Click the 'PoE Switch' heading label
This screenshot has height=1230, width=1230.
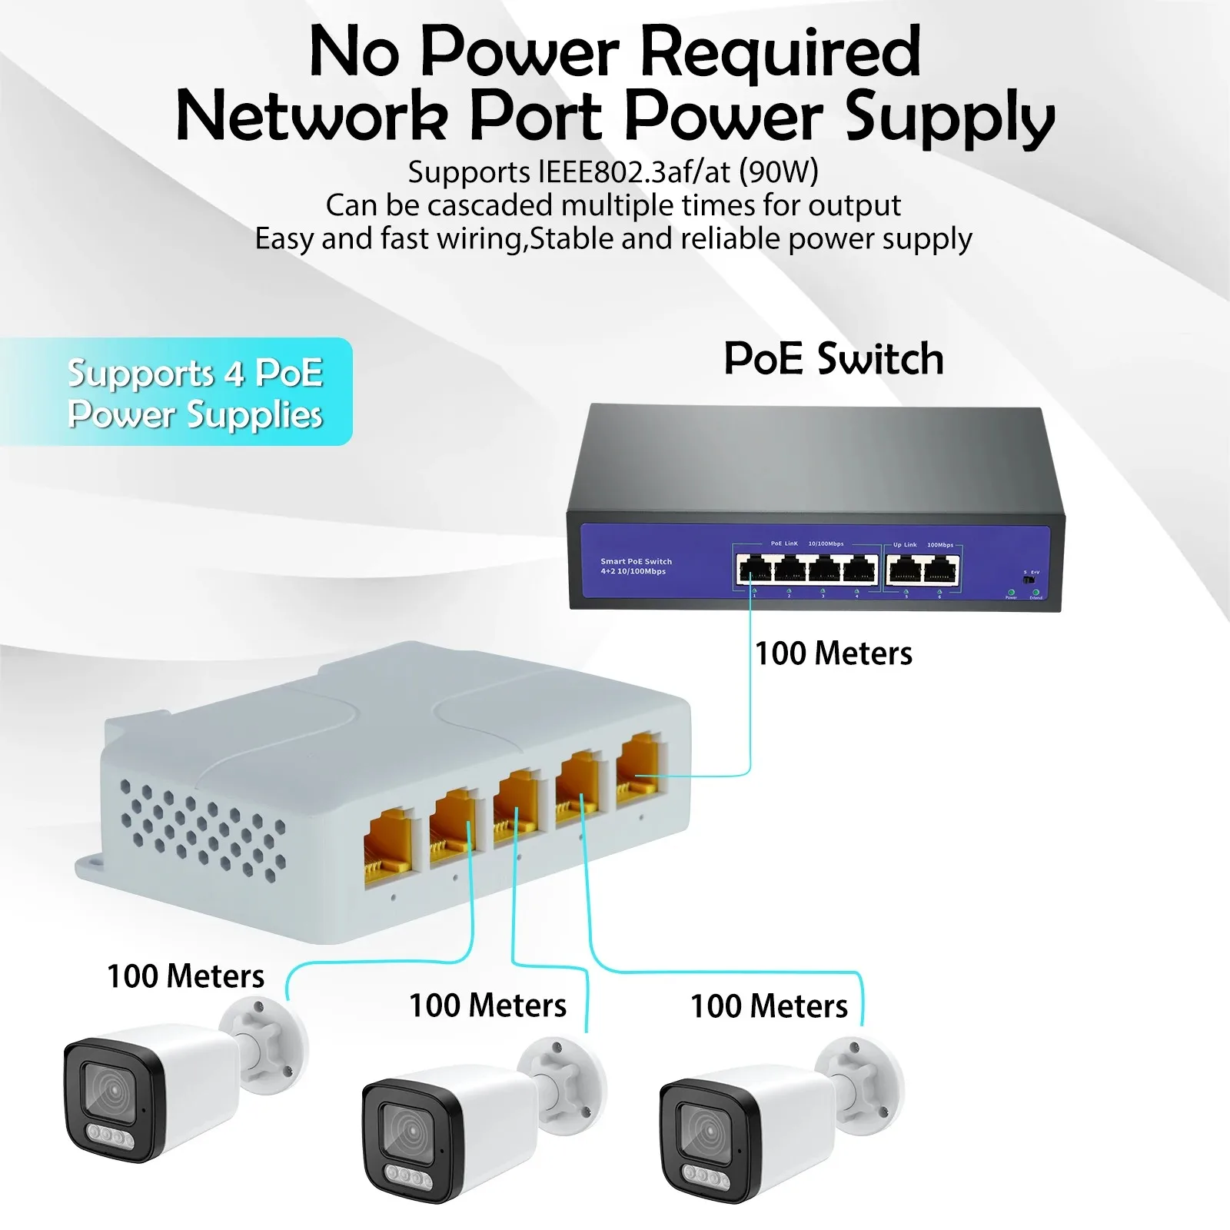point(833,359)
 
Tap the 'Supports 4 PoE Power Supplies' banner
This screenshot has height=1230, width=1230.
point(194,393)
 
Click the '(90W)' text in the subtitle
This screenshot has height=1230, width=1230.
point(778,171)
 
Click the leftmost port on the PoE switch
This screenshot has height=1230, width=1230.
point(754,569)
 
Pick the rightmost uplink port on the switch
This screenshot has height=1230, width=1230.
point(941,570)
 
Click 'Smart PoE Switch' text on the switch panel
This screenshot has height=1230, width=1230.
point(636,561)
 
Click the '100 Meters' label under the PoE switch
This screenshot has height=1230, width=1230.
point(833,653)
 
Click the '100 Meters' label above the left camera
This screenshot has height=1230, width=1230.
point(185,976)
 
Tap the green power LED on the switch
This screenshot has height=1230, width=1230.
point(1011,592)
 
